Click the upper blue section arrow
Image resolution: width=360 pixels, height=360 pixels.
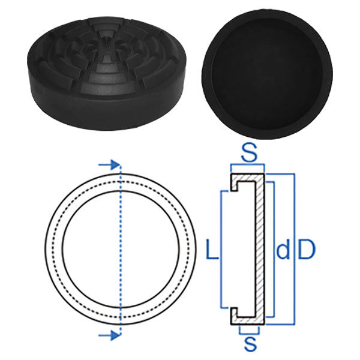(107, 164)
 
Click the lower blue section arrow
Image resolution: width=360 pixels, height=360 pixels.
(107, 335)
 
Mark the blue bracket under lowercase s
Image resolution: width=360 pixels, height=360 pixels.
(249, 332)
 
